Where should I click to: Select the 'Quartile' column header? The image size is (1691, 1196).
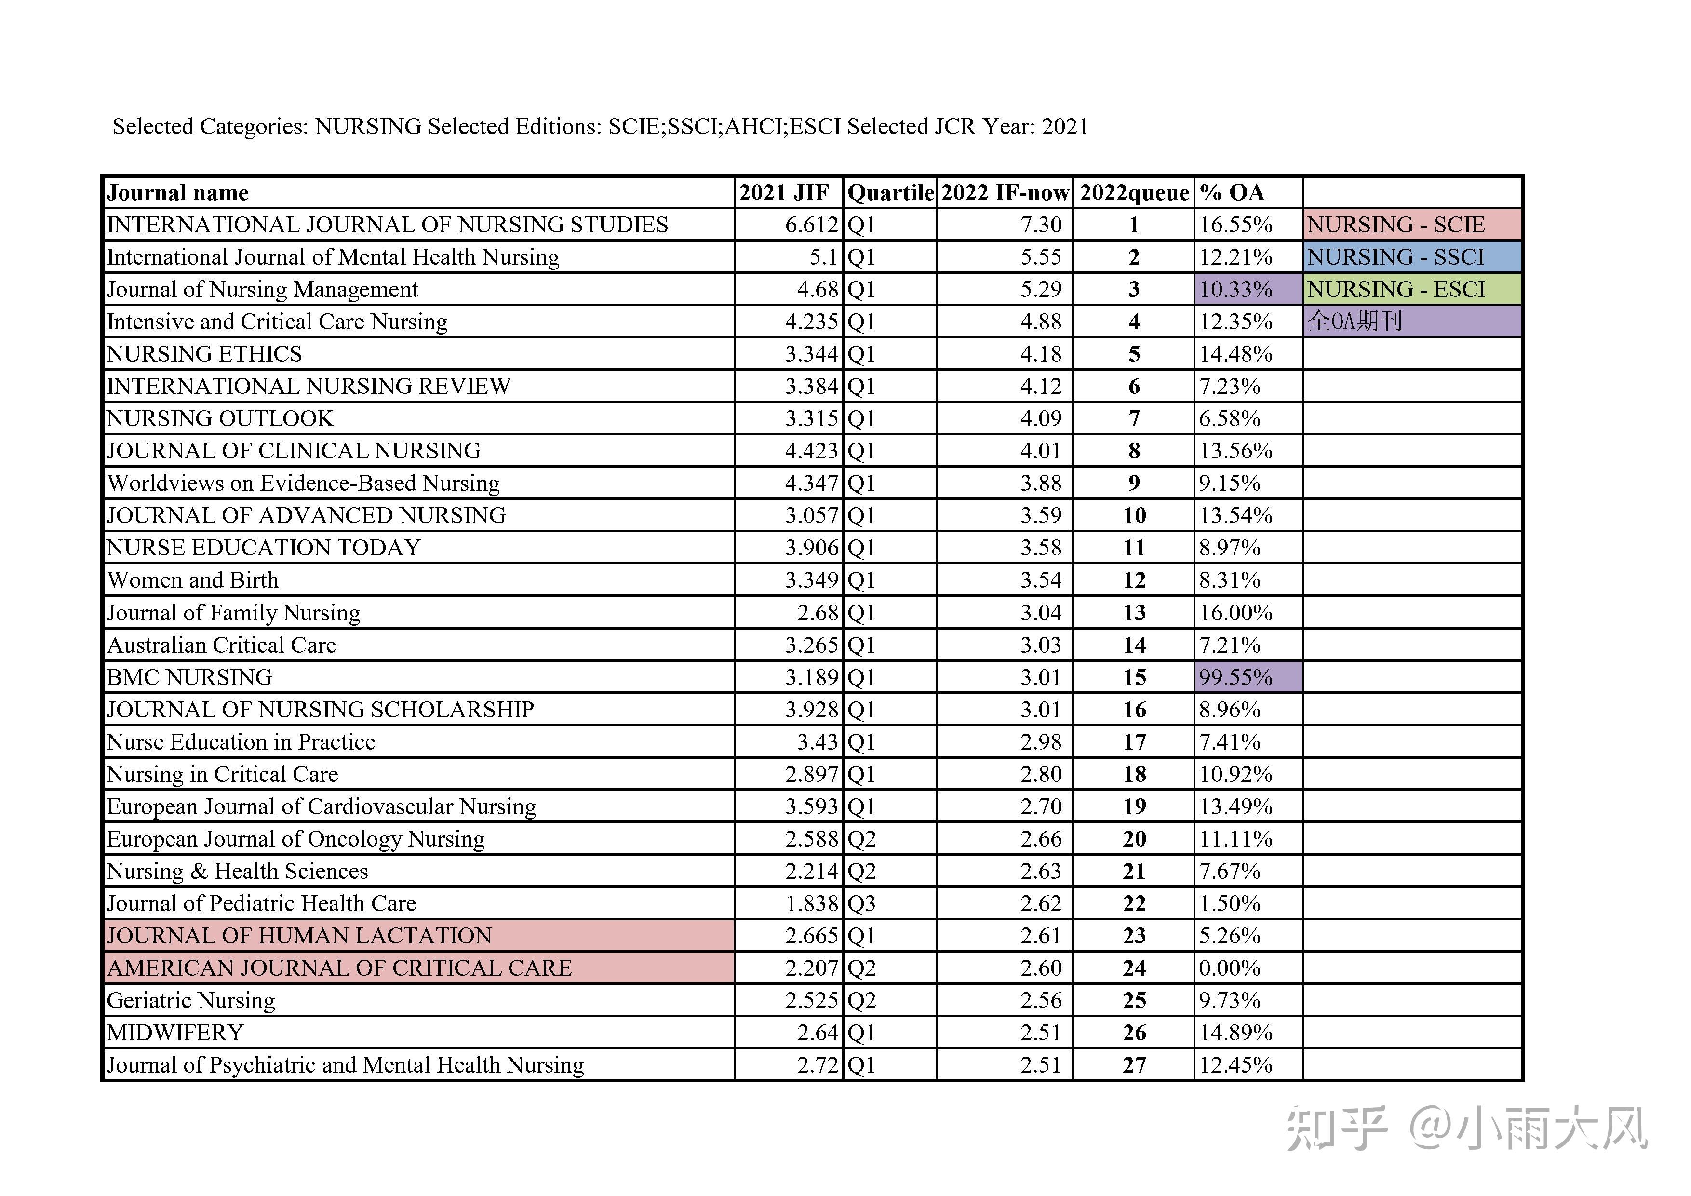pos(890,193)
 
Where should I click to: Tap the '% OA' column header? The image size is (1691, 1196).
pos(1232,193)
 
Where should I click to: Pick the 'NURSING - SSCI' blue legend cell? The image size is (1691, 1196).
pos(1412,257)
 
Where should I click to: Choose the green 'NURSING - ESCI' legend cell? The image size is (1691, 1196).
pos(1412,289)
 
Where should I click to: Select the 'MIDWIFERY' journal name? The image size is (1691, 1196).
pos(175,1033)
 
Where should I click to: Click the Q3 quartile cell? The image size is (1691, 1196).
pos(862,903)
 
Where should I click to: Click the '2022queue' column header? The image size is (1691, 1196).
pos(1134,193)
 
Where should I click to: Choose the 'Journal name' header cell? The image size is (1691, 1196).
pos(178,193)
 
